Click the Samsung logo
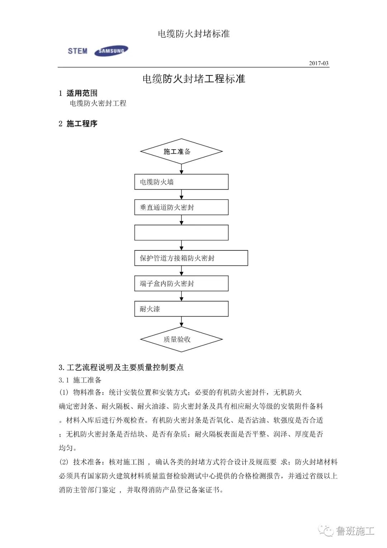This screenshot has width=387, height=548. (111, 51)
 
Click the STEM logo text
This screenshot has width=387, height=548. (78, 51)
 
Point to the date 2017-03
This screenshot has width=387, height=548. (319, 63)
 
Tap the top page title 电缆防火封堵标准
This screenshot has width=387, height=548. (193, 34)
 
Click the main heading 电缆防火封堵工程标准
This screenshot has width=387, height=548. (193, 79)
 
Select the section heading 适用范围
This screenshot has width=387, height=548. (82, 93)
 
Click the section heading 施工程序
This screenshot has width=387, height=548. (82, 124)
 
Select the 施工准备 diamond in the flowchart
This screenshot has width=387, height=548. (181, 151)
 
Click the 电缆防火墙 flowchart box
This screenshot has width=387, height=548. (181, 182)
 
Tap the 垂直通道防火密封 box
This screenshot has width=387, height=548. (181, 207)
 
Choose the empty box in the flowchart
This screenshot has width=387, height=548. (181, 233)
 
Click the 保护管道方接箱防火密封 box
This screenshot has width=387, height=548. (191, 258)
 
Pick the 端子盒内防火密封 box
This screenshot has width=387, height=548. (181, 284)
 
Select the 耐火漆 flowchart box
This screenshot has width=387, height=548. (181, 309)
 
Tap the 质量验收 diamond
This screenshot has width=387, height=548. (181, 339)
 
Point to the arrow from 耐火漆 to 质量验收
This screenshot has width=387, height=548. (181, 321)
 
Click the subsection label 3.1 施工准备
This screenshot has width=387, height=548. (80, 380)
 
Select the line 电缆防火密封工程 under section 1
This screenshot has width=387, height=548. (98, 103)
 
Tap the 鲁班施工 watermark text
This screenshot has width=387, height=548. (355, 531)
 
